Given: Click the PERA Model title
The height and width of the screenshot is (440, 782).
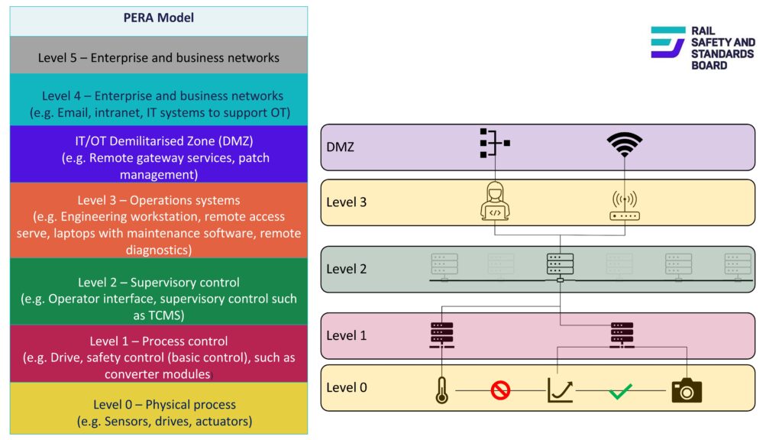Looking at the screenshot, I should (x=159, y=18).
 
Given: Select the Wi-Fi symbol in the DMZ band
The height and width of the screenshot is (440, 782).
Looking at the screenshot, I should (x=624, y=144).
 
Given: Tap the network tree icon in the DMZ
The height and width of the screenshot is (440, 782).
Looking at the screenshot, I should (x=493, y=144).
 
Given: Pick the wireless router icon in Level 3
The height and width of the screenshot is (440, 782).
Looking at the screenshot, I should (x=624, y=205).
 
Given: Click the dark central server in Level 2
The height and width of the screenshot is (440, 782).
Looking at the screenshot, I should (x=560, y=264).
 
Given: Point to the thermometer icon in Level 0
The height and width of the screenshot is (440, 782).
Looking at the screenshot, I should (x=441, y=390).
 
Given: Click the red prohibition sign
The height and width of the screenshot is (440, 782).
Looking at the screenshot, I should (x=500, y=391).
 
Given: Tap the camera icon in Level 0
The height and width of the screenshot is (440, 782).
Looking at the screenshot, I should (x=686, y=390).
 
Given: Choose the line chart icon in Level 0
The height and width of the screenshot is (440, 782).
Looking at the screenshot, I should (x=560, y=390).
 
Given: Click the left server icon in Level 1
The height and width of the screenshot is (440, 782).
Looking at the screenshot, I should (x=441, y=335).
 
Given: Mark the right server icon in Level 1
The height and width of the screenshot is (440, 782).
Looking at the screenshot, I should (x=622, y=335).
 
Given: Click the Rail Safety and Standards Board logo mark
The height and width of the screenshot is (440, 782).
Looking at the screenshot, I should (x=667, y=42).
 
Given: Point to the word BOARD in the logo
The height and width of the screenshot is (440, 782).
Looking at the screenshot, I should (x=709, y=66).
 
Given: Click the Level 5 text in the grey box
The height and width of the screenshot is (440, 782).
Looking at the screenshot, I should (x=159, y=57).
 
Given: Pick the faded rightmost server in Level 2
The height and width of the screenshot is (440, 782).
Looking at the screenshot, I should (x=737, y=264).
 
